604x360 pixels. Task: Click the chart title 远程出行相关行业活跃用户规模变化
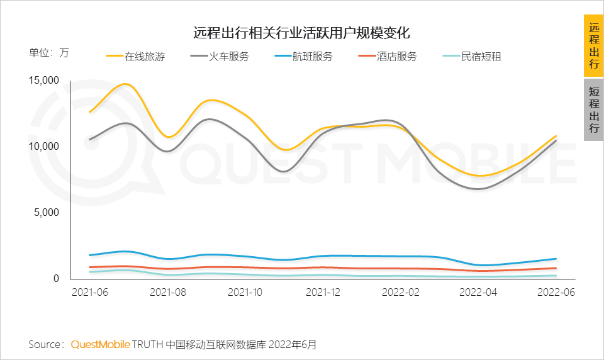tap(301, 32)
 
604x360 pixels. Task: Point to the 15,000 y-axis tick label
tap(43, 80)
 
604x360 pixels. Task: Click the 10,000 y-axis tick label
tap(43, 146)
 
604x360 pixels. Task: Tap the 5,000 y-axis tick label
tap(46, 212)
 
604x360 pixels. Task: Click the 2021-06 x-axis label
tap(89, 293)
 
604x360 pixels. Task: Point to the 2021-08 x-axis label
tap(168, 293)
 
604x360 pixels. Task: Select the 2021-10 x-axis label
tap(245, 293)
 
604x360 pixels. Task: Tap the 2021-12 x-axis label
tap(323, 293)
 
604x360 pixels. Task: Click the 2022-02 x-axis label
tap(400, 293)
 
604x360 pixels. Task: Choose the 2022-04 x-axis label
tap(479, 293)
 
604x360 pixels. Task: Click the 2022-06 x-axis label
tap(556, 293)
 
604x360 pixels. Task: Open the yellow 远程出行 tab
tap(593, 46)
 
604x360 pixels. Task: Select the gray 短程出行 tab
tap(593, 110)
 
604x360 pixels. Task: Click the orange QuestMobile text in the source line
tap(100, 344)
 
